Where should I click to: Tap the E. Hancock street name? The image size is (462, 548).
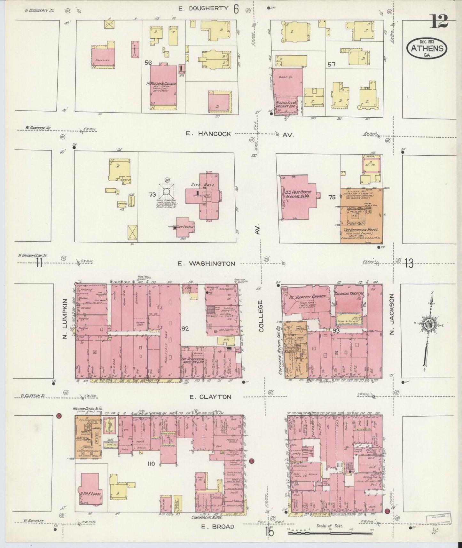tap(208, 134)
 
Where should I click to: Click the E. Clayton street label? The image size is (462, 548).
tap(210, 397)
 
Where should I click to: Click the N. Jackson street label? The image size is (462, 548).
tap(392, 314)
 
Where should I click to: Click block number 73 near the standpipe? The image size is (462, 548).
tap(152, 194)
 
